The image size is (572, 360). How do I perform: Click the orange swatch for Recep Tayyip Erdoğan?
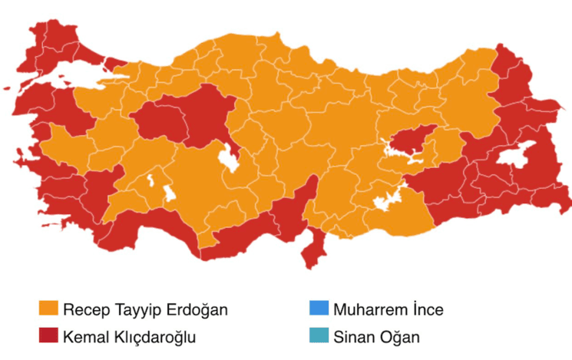pyautogui.click(x=50, y=309)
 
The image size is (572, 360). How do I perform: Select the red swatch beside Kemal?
pyautogui.click(x=50, y=335)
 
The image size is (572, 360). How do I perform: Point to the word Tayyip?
pyautogui.click(x=134, y=310)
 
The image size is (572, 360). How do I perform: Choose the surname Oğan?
pyautogui.click(x=399, y=335)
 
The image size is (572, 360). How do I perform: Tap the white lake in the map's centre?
pyautogui.click(x=229, y=159)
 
